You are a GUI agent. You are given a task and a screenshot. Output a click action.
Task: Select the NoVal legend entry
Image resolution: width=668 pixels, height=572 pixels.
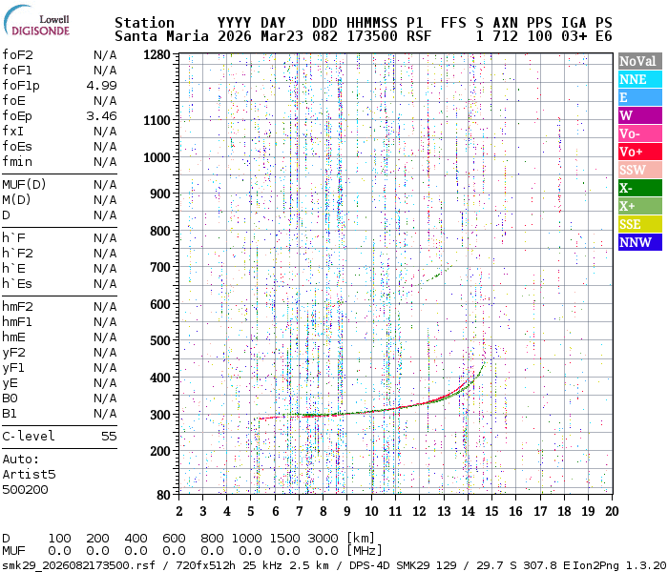point(637,61)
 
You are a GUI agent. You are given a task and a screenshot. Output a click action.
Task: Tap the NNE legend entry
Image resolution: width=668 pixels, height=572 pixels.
point(637,79)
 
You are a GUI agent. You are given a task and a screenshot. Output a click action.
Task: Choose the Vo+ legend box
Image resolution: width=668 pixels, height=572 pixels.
point(637,153)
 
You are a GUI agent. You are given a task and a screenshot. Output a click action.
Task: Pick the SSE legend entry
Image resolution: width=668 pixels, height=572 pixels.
point(637,225)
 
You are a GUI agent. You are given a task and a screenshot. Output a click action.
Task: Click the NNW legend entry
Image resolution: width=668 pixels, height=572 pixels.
point(637,243)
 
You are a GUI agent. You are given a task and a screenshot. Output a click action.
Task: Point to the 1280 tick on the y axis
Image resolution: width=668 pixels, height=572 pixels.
point(156,54)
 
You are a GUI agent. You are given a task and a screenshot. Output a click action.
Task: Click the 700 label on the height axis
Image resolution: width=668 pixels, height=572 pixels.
point(159,267)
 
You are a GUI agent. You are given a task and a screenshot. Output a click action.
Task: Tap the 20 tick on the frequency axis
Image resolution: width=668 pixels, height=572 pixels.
point(612,511)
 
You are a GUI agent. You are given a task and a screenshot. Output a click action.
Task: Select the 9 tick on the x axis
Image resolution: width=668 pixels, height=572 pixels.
point(347,511)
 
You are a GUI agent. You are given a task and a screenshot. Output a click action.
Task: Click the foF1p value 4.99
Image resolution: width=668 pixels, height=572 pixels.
point(101,85)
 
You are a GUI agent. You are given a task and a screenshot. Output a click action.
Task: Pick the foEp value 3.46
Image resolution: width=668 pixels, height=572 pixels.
point(101,115)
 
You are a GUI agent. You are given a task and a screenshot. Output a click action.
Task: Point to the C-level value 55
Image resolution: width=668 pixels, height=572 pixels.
point(109,436)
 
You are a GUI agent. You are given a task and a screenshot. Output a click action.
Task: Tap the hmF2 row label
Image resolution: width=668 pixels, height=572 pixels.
point(17,306)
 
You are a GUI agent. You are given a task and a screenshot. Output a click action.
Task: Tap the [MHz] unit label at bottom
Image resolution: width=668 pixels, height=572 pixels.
point(365,550)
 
